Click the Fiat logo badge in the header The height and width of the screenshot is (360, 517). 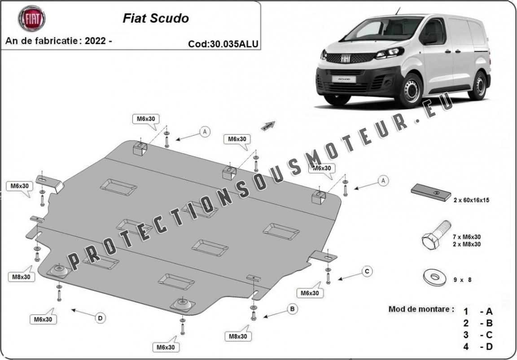click(31, 18)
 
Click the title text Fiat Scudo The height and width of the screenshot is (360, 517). click(155, 18)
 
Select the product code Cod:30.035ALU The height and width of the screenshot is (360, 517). click(223, 44)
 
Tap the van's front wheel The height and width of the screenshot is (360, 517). click(410, 91)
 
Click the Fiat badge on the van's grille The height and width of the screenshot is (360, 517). click(346, 59)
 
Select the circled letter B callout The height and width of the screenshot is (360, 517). click(292, 309)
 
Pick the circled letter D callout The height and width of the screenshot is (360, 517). click(101, 318)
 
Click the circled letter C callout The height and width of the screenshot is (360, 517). click(367, 271)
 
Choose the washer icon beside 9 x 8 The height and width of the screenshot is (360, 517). click(434, 278)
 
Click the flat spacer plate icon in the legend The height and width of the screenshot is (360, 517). click(431, 193)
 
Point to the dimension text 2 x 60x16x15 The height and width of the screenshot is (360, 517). click(471, 200)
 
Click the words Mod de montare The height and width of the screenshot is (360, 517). click(421, 309)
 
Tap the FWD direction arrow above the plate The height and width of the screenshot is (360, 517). click(268, 125)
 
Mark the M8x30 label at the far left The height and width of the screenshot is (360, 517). click(21, 277)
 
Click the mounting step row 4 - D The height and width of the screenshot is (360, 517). click(478, 346)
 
